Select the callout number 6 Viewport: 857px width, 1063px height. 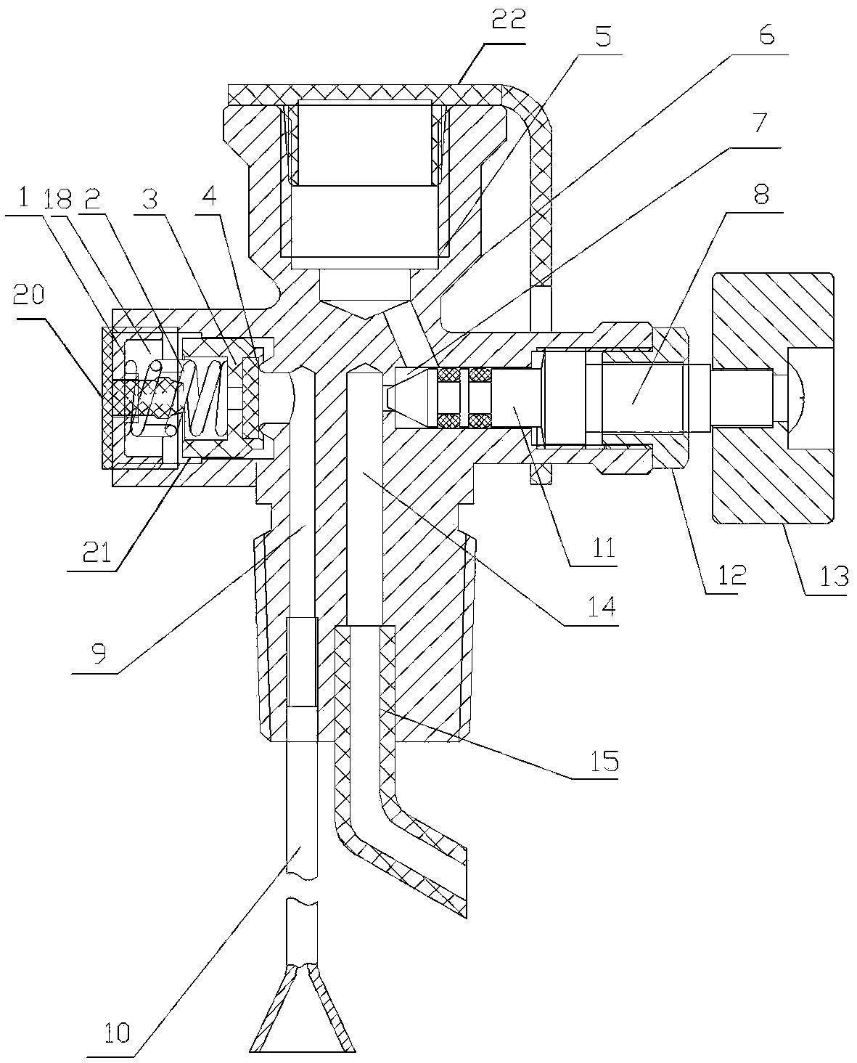click(x=766, y=35)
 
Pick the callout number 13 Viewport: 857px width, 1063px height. click(x=834, y=576)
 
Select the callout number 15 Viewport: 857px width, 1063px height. click(x=604, y=761)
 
